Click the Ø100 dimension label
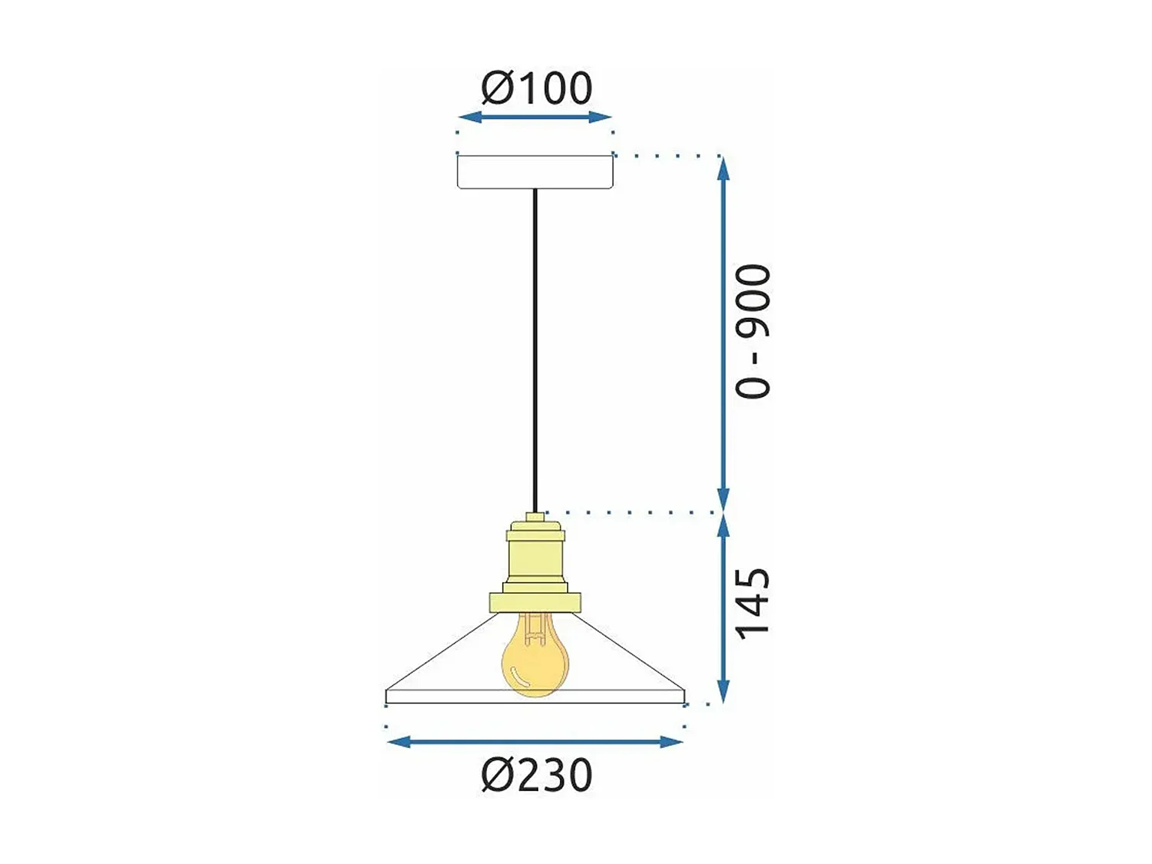click(x=536, y=88)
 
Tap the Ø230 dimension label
click(x=536, y=775)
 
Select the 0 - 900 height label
click(x=753, y=332)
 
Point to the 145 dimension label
click(x=753, y=604)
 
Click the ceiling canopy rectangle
click(x=535, y=172)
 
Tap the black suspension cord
click(x=535, y=346)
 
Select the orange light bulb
click(x=535, y=660)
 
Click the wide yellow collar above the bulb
click(x=535, y=602)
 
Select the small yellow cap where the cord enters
click(x=535, y=518)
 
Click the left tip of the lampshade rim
click(x=387, y=696)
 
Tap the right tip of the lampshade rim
click(x=684, y=696)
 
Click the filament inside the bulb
click(x=535, y=630)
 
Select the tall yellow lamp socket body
click(x=535, y=553)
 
